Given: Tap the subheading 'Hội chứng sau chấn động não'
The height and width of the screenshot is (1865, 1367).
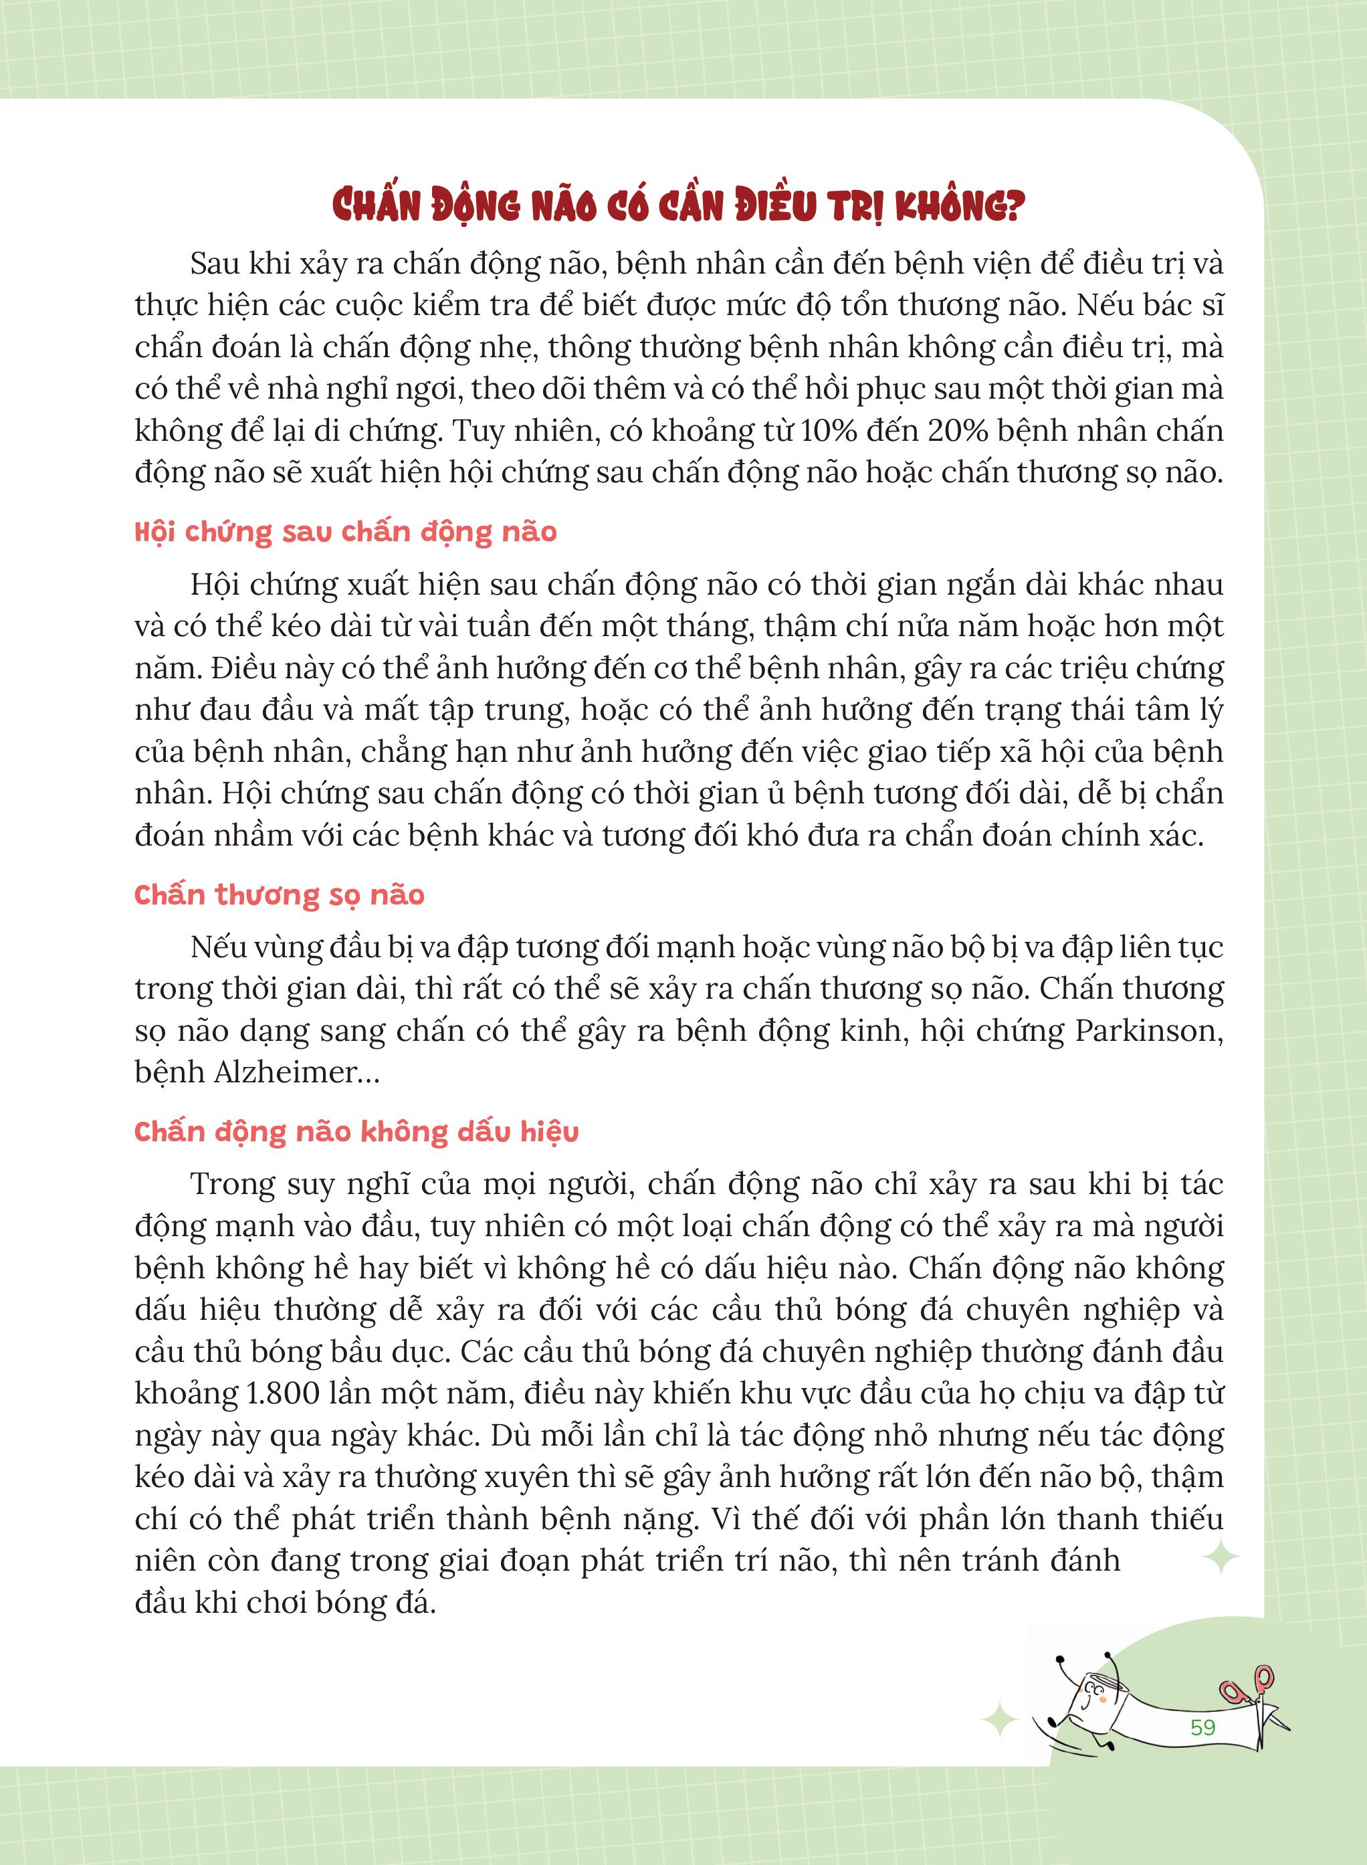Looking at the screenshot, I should [345, 531].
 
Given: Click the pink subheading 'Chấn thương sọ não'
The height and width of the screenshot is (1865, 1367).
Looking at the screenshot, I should [279, 895].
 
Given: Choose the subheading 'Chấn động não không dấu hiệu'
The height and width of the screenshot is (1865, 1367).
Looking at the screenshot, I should [356, 1132].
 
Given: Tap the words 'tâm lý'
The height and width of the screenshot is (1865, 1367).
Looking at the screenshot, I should [1179, 710].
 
